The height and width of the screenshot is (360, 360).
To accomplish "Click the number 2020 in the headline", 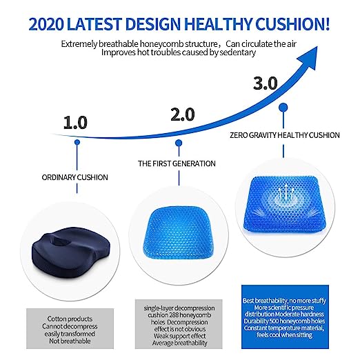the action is [x=46, y=24].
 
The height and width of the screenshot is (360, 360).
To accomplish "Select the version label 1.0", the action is [x=75, y=123].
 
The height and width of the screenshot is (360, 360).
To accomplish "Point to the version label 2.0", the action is [x=183, y=114].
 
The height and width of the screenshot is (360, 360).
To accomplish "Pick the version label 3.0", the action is [x=266, y=83].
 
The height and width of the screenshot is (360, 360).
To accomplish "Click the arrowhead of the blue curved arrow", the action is [x=310, y=57].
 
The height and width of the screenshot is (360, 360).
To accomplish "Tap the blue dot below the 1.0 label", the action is [x=77, y=142].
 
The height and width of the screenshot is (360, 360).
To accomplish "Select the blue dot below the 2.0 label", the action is [x=179, y=143].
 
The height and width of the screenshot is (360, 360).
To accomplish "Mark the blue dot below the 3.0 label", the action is [x=283, y=108].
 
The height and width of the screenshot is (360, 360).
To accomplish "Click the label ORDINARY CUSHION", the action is [x=75, y=177].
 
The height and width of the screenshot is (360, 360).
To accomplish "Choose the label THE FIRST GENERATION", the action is [x=177, y=163].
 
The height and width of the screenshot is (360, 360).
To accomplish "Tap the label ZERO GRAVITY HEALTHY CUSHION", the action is [x=285, y=135].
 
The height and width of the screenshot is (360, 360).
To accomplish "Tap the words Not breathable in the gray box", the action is [x=70, y=341].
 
